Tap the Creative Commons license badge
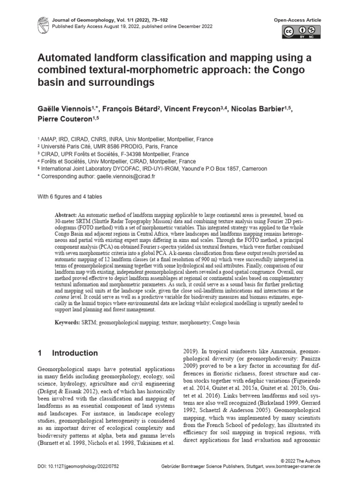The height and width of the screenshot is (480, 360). click(x=301, y=31)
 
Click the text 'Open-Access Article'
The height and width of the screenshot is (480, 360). click(x=298, y=20)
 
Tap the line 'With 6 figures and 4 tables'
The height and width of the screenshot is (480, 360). click(x=70, y=196)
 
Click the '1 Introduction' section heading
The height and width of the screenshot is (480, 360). click(x=67, y=353)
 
